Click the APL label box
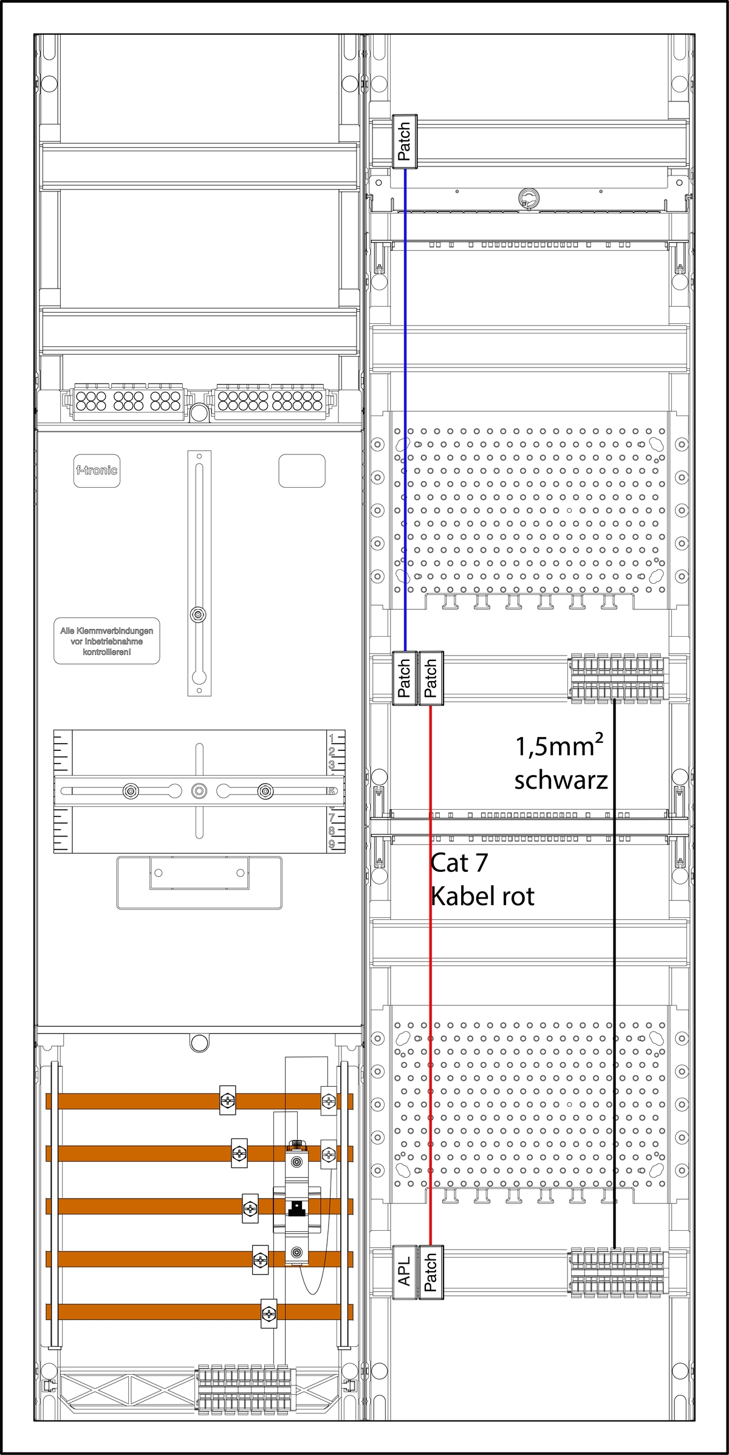[x=404, y=1272]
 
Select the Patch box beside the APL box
[x=431, y=1272]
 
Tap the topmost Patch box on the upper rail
[x=404, y=142]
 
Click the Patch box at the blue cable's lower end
[x=404, y=679]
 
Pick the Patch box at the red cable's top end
[x=431, y=679]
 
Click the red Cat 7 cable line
[x=431, y=975]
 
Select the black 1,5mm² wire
[x=614, y=973]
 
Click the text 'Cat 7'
[x=459, y=863]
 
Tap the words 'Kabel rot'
[x=482, y=897]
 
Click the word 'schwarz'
[x=561, y=780]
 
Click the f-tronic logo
[x=97, y=470]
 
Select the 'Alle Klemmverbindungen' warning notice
[x=107, y=641]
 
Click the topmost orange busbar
[x=199, y=1101]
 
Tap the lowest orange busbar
[x=199, y=1311]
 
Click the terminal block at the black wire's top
[x=617, y=678]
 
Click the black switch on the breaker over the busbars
[x=296, y=1209]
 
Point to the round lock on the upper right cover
[x=529, y=197]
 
